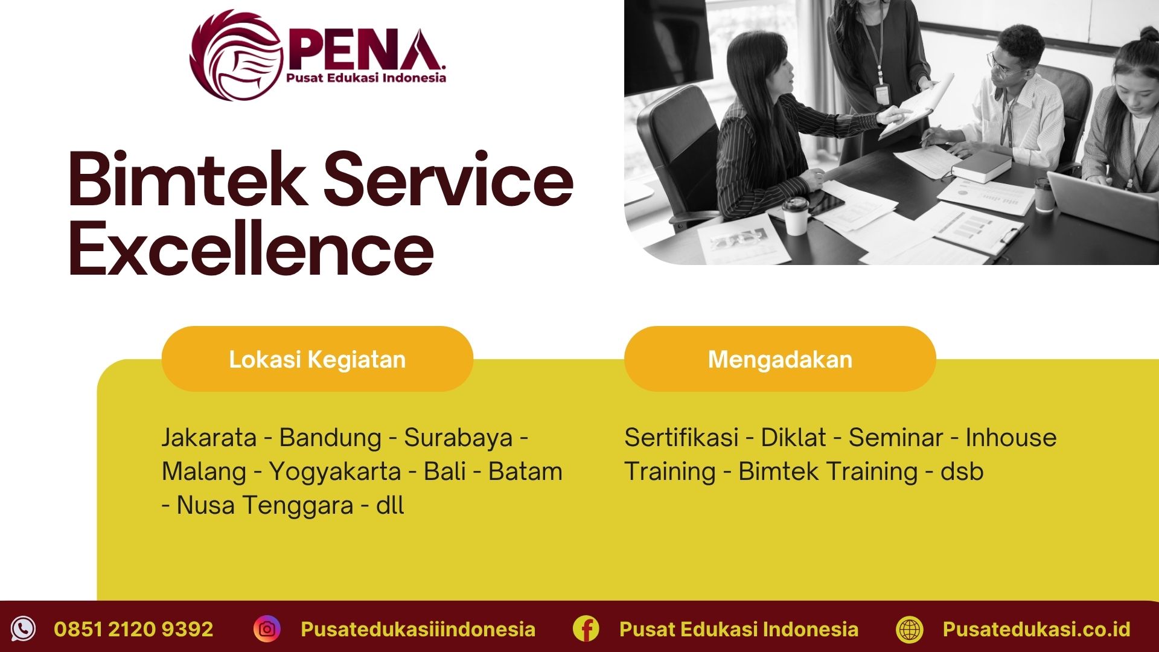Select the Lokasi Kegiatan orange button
(317, 359)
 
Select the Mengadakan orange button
(780, 359)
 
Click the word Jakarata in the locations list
(209, 438)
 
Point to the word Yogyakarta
(335, 471)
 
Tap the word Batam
(525, 471)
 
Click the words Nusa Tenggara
(265, 505)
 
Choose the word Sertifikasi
(682, 438)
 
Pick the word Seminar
(896, 438)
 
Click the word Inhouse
(1011, 438)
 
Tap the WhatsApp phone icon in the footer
(24, 629)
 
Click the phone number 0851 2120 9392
(133, 629)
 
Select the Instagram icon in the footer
(267, 629)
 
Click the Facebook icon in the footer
(586, 629)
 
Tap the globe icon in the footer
(910, 629)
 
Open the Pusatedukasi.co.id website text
(1036, 629)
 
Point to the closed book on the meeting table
(982, 166)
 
